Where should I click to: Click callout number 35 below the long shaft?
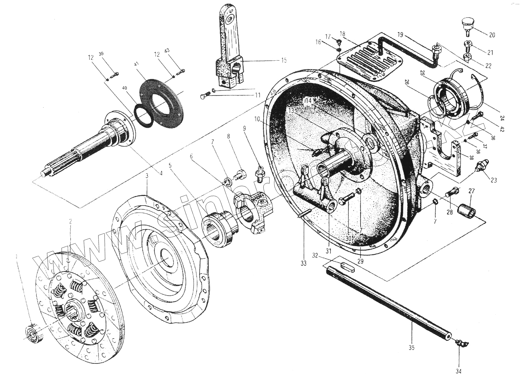(411, 348)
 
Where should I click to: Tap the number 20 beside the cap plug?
(492, 35)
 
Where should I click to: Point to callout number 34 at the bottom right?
(458, 372)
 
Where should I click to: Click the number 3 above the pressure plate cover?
(147, 176)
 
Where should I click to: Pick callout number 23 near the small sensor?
(494, 180)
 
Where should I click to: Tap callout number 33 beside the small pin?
(303, 263)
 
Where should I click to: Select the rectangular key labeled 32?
(348, 266)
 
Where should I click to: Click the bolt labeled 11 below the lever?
(204, 96)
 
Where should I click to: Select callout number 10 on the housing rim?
(257, 119)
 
